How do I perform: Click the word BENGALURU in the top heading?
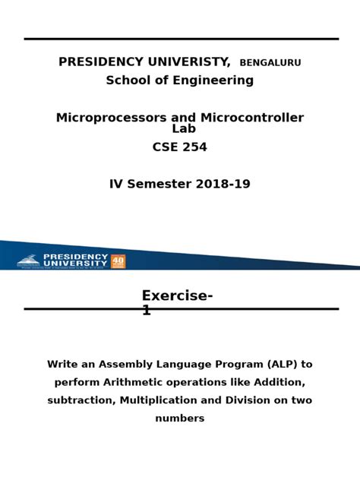(x=270, y=63)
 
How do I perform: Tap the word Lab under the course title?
(x=184, y=129)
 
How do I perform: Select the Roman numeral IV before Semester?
(x=116, y=185)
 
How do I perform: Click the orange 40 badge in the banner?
(x=118, y=261)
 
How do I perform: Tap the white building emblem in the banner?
(x=28, y=261)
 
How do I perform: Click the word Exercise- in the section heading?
(x=177, y=296)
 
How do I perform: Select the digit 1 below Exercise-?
(x=147, y=311)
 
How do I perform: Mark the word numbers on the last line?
(x=180, y=418)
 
